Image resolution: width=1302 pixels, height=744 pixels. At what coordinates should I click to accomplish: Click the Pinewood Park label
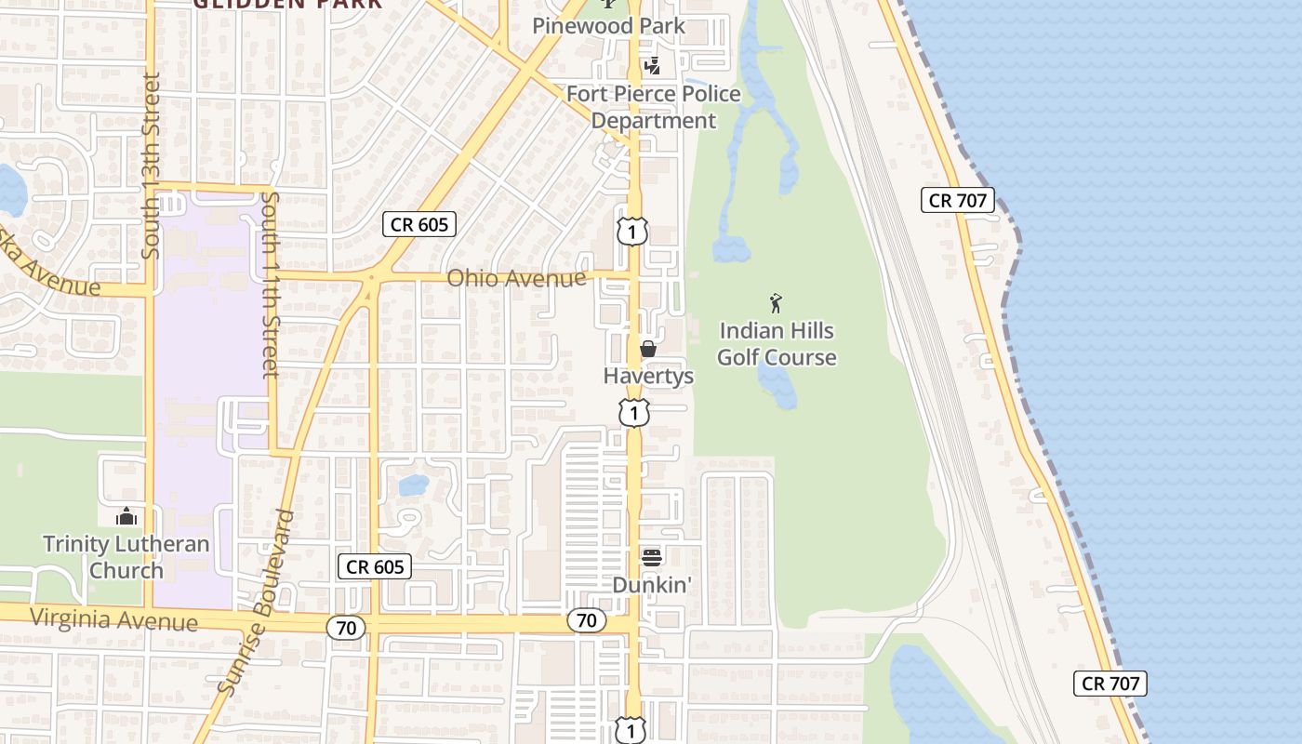608,26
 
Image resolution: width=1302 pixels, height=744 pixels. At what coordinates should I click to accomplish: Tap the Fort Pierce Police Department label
654,107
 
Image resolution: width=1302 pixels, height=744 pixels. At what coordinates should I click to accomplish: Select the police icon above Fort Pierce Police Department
653,66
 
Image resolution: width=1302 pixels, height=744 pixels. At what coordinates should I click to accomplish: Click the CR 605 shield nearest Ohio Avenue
419,224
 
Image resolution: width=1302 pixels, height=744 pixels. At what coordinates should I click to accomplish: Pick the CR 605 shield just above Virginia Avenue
374,566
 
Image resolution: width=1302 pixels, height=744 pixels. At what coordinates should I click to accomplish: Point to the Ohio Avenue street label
516,278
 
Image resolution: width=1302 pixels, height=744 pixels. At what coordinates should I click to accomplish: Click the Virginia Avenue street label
113,619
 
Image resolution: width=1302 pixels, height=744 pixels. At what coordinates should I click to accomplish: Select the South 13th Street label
152,166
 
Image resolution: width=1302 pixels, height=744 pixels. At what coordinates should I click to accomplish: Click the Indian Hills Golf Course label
777,344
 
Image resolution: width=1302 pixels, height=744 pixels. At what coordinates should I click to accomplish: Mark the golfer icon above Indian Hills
776,303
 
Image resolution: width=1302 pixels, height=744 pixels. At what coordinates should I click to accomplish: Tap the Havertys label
648,376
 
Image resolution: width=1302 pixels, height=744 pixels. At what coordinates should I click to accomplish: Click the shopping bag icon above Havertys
648,350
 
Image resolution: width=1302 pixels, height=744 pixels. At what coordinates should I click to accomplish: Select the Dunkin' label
653,585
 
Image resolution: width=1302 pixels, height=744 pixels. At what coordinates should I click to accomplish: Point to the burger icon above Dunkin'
652,557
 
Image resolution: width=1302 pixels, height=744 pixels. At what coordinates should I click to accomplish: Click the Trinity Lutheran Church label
126,557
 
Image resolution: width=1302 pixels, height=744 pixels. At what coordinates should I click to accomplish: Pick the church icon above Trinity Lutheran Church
126,516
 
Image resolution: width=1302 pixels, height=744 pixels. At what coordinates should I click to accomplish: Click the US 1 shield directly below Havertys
633,412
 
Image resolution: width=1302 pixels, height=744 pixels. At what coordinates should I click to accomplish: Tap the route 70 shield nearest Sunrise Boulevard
346,629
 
